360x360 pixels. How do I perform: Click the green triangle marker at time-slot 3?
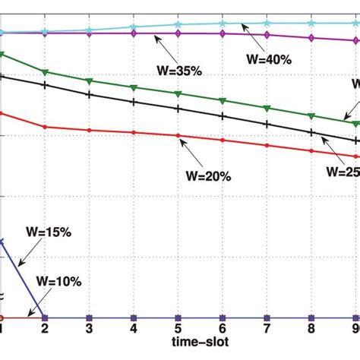[90, 81]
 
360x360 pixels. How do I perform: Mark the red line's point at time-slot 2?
[45, 127]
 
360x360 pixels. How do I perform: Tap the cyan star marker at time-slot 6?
[222, 24]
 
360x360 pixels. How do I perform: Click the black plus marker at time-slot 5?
[178, 109]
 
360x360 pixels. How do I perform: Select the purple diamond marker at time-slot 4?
[134, 33]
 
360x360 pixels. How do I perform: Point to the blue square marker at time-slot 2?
[45, 317]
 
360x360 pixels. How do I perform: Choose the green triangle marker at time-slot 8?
[310, 115]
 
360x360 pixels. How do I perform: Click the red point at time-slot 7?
[266, 145]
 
